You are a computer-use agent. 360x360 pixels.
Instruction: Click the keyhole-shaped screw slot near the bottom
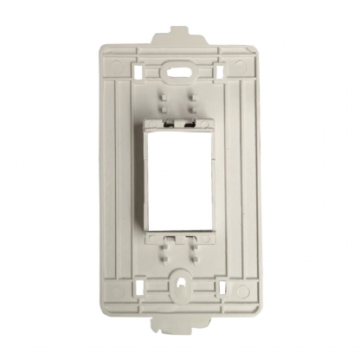pos(180,282)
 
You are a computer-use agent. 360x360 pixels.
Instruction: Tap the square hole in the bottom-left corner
pos(138,285)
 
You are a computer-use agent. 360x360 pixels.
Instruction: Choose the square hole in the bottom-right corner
pos(222,285)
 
